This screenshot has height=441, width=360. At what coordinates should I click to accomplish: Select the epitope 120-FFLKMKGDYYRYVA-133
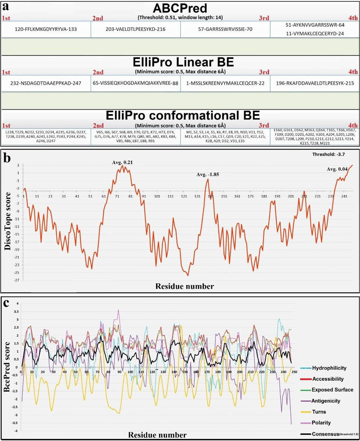(46, 29)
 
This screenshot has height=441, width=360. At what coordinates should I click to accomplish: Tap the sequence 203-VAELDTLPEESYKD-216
(135, 29)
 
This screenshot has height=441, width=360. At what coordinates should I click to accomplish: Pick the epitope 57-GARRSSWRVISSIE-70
(225, 29)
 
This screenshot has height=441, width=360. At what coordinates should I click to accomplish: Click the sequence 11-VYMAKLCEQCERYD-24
(315, 33)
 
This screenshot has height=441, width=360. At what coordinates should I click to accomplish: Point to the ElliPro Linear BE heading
(180, 63)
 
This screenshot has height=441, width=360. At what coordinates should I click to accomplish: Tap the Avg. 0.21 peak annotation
(122, 162)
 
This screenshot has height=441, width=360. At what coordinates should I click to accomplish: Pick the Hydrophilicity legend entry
(329, 368)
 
